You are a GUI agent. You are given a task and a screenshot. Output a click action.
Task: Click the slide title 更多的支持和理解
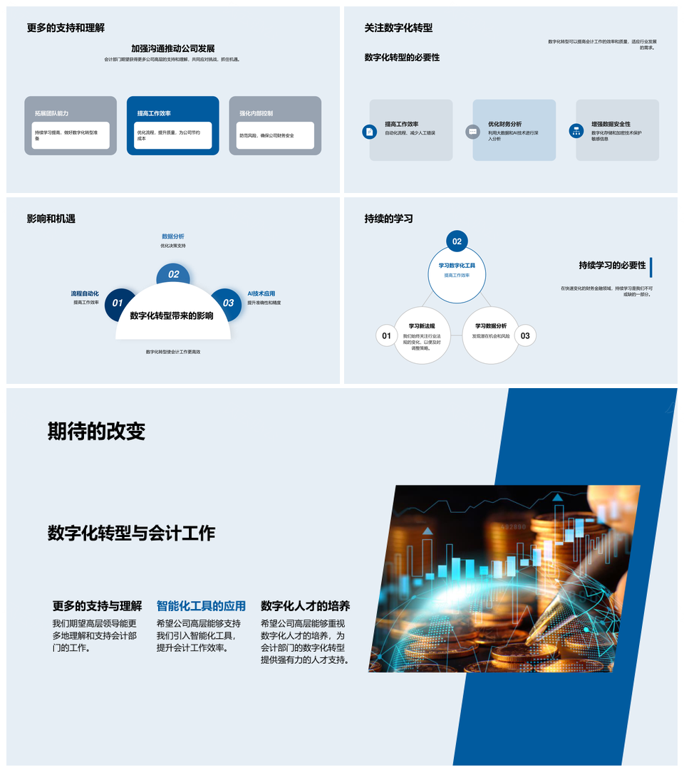click(x=66, y=28)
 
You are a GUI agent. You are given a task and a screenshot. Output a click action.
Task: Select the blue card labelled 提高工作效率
click(x=173, y=125)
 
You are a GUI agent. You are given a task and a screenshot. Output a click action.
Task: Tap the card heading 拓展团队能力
click(x=51, y=113)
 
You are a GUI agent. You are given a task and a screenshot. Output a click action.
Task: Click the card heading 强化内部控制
click(x=256, y=113)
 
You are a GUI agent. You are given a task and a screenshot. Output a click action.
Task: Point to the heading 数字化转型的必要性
click(x=402, y=57)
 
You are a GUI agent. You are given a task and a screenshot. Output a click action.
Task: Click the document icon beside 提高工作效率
click(x=369, y=131)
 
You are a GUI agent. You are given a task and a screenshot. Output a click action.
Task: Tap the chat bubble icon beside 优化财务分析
click(x=472, y=131)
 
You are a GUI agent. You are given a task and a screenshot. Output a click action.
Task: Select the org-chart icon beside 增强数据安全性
click(x=576, y=131)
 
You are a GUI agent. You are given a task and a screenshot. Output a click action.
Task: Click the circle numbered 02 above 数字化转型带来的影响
click(x=173, y=275)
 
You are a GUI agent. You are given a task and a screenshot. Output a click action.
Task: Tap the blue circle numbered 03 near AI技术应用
click(x=228, y=303)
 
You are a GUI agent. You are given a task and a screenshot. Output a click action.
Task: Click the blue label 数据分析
click(x=173, y=236)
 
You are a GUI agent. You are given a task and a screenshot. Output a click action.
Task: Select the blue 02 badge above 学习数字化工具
click(x=457, y=241)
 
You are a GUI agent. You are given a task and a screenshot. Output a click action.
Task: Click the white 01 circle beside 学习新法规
click(x=386, y=336)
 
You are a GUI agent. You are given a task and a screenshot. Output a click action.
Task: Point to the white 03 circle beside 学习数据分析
click(x=525, y=336)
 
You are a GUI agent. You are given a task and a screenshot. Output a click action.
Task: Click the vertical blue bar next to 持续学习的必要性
click(x=651, y=267)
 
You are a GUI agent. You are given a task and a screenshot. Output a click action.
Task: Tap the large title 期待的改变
click(x=96, y=431)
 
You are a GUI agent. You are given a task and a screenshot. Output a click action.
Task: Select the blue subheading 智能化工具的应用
click(x=201, y=606)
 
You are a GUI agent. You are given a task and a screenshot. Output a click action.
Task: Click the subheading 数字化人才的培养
click(x=305, y=606)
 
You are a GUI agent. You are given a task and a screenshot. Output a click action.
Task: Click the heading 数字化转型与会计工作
click(x=131, y=533)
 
